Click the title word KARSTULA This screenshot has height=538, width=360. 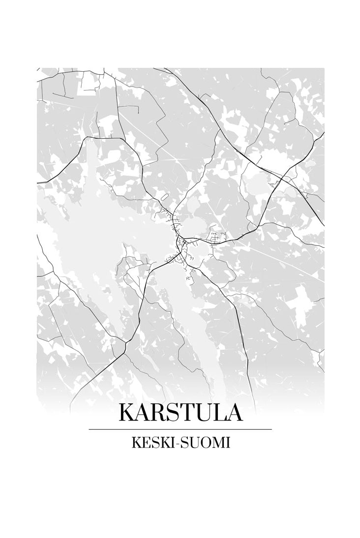[x=180, y=413]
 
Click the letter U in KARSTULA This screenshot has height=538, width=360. [x=204, y=413]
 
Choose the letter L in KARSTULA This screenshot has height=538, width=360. [x=219, y=413]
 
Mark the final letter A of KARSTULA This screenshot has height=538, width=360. [x=234, y=413]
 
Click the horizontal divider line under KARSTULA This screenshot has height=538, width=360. [x=180, y=429]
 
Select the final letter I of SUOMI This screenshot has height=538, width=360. [x=227, y=443]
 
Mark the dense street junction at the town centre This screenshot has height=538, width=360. [x=181, y=241]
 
